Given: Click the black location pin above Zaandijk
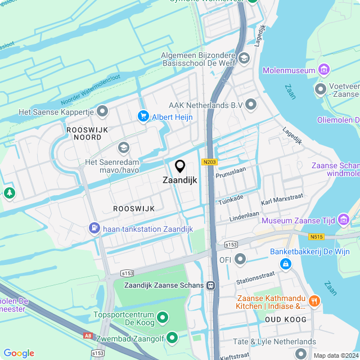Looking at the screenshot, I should [x=180, y=166].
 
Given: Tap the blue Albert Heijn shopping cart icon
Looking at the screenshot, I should [x=143, y=116].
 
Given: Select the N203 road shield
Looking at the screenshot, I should [x=209, y=162].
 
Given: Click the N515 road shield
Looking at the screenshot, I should [x=316, y=237].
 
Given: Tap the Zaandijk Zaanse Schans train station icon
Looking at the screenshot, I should [x=211, y=285].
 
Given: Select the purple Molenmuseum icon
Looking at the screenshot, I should [x=323, y=70].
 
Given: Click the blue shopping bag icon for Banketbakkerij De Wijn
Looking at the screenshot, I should [x=286, y=263].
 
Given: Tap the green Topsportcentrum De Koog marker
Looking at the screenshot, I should [x=163, y=318].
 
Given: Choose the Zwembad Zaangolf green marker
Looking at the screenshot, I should [x=172, y=337].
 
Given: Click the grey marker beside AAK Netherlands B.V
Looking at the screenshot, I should [x=251, y=105].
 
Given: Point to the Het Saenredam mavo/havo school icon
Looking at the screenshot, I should [x=123, y=147].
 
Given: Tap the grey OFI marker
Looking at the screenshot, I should [x=240, y=259].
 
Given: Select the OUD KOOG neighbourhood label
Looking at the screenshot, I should [x=285, y=319].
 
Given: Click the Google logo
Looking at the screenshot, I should [x=19, y=353].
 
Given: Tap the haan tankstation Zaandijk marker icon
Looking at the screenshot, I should [x=94, y=228].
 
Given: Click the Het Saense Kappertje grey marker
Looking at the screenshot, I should [x=102, y=112].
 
